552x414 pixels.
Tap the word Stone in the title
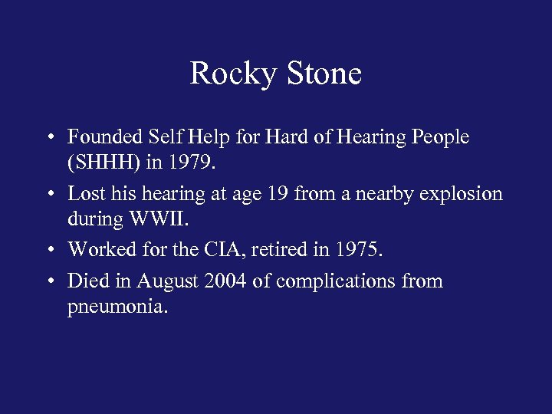click(324, 74)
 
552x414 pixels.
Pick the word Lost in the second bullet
click(84, 193)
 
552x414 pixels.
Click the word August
click(169, 281)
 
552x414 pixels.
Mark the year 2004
click(225, 281)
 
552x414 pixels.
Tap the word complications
click(337, 282)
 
